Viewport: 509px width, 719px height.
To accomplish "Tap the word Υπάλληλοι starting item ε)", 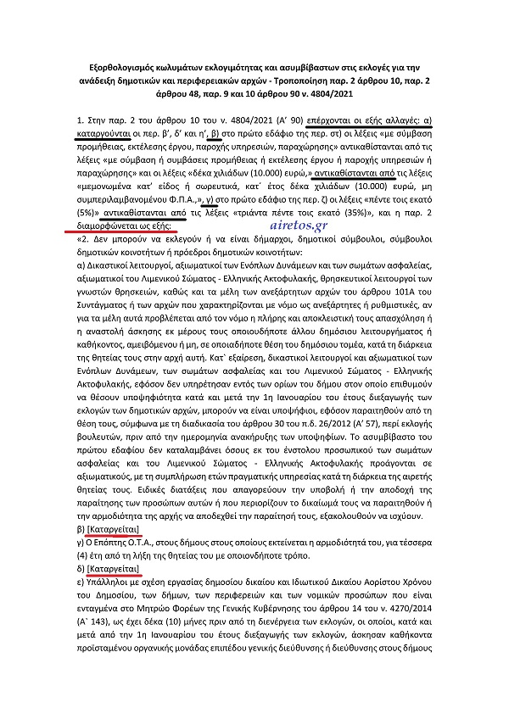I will tap(112, 578).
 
